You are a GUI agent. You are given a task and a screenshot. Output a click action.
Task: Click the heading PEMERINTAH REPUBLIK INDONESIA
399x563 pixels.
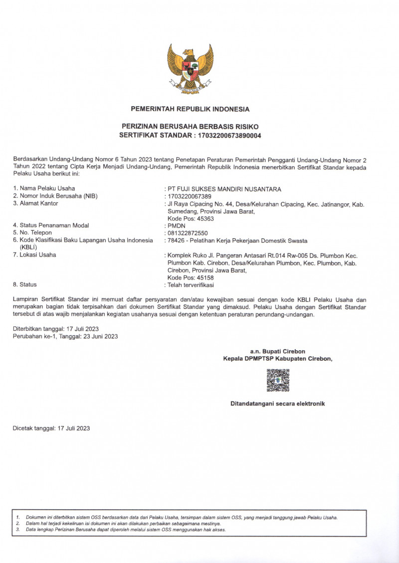[x=190, y=109]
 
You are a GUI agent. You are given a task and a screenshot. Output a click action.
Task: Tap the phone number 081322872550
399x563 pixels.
[x=188, y=233]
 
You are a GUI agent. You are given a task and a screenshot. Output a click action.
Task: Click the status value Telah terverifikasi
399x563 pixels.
[x=191, y=285]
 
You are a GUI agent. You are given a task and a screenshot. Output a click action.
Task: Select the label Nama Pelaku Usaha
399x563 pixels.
[x=47, y=189]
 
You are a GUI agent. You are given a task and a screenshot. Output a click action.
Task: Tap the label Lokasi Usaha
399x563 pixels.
[x=38, y=255]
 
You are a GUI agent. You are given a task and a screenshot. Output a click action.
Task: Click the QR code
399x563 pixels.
[x=278, y=380]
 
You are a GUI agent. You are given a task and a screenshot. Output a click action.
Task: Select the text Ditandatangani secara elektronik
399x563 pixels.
[x=277, y=404]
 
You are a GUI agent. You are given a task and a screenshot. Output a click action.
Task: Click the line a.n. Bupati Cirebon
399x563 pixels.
[x=277, y=351]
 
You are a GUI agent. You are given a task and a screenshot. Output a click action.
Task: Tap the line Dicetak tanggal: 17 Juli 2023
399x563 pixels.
[x=51, y=428]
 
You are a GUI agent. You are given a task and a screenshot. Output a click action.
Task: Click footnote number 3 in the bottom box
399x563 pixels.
[x=17, y=530]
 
